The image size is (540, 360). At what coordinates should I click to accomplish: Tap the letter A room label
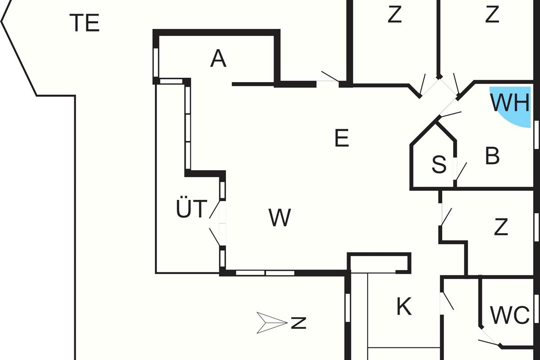[x=218, y=59]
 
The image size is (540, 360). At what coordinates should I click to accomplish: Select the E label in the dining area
[x=342, y=138]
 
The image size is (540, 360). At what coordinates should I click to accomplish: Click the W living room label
[x=280, y=218]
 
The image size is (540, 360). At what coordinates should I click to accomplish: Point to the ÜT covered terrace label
[x=191, y=210]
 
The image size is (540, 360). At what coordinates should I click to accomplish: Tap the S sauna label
[x=439, y=165]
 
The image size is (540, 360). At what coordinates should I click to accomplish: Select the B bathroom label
[x=493, y=156]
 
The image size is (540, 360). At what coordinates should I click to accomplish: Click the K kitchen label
[x=404, y=307]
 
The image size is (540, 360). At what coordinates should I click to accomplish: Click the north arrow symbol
[x=271, y=323]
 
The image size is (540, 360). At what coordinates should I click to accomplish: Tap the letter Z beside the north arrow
[x=298, y=323]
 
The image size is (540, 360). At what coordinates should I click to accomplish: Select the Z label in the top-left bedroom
[x=394, y=15]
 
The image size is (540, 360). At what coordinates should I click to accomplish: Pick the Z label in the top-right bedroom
[x=492, y=15]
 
